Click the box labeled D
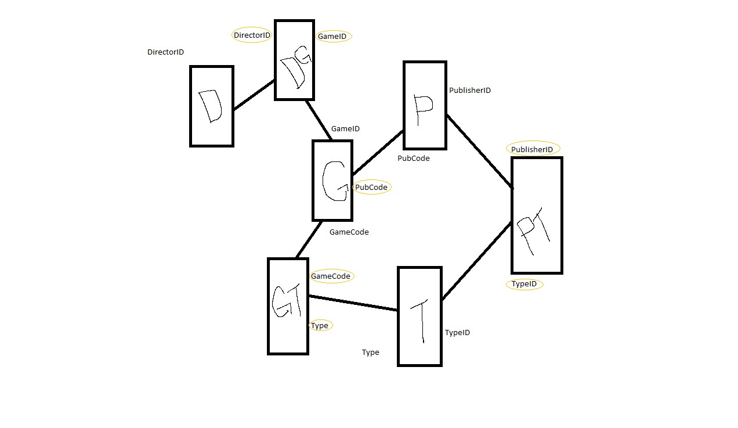tap(212, 106)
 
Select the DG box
tap(294, 60)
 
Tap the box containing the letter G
tap(332, 180)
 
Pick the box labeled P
tap(425, 105)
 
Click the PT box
tap(537, 215)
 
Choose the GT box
tap(288, 306)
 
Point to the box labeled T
tap(419, 316)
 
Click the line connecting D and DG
tap(254, 95)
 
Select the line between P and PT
tap(479, 152)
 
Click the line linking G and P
tap(378, 153)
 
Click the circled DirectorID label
tap(252, 35)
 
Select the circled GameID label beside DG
tap(332, 37)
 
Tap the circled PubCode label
tap(371, 188)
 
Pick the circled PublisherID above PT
tap(532, 149)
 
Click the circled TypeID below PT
tap(524, 284)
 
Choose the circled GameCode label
tap(331, 276)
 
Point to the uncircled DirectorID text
tap(165, 52)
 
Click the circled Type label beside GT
tap(320, 326)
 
